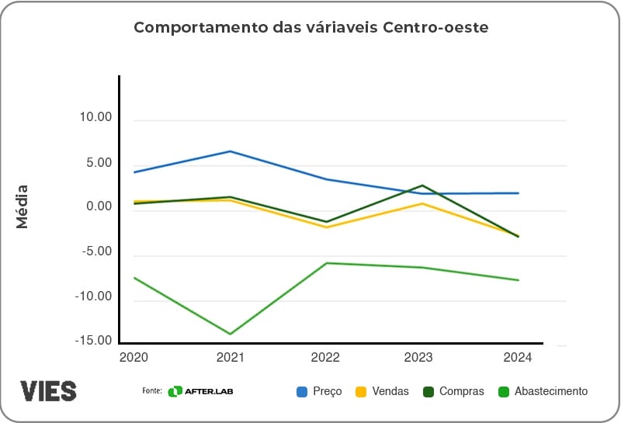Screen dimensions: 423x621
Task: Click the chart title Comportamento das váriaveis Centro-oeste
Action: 310,27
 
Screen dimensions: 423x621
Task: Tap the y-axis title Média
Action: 23,206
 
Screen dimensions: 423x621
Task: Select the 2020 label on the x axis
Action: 134,357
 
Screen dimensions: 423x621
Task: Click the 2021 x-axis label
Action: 231,357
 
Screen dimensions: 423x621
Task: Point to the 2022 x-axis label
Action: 326,357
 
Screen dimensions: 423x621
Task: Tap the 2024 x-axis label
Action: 518,357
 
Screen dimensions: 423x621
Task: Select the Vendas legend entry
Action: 382,391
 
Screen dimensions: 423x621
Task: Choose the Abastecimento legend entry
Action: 543,391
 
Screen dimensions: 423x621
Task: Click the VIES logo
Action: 48,390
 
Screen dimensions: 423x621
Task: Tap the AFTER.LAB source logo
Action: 200,391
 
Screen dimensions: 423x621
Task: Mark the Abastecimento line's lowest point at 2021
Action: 231,334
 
